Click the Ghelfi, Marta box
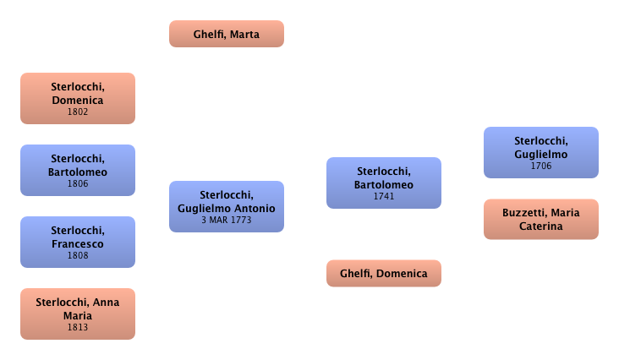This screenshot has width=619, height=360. (227, 35)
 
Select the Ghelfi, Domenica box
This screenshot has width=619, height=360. (384, 274)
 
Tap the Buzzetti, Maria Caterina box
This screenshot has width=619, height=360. (540, 220)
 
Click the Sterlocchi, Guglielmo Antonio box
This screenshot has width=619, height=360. (227, 206)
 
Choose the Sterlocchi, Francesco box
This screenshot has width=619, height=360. (77, 242)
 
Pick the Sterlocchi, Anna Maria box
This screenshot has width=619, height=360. (77, 314)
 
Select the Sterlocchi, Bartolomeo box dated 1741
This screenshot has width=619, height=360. (384, 183)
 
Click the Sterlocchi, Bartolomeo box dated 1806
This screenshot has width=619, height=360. (77, 171)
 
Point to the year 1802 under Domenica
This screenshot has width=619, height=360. (77, 112)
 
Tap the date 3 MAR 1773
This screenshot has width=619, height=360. (227, 221)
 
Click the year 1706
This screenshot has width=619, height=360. (540, 166)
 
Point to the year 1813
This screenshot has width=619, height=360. (77, 327)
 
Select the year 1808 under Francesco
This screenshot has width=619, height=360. (77, 254)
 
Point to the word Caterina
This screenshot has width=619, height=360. (540, 226)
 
